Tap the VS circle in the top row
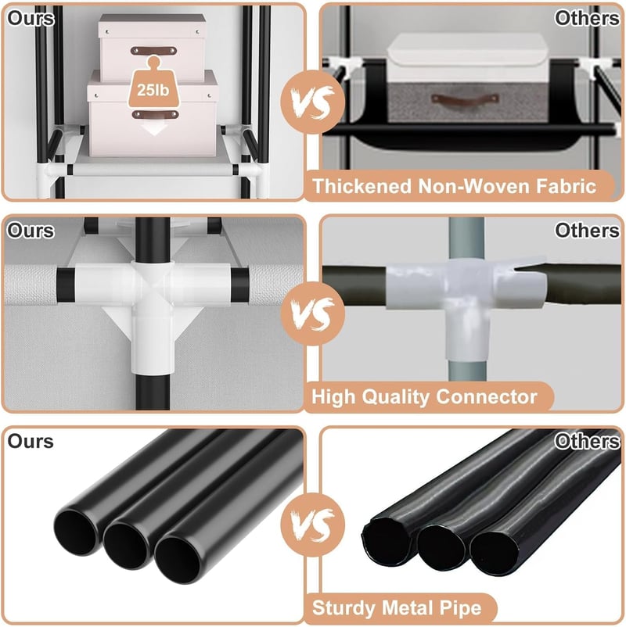(x=312, y=102)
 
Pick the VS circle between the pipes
(x=312, y=525)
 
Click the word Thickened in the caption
(x=362, y=186)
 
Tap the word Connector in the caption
(x=487, y=397)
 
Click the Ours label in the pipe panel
(x=31, y=442)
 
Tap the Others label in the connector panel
(x=587, y=231)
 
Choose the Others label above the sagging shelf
(x=587, y=19)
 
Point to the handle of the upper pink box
(x=153, y=51)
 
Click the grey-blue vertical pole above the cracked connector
(x=466, y=238)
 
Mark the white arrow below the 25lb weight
(x=154, y=127)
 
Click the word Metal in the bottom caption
(x=408, y=607)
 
